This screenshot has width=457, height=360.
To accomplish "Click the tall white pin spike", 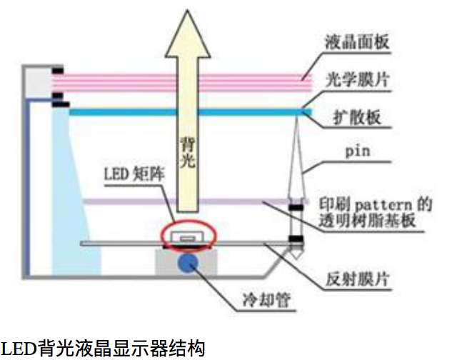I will click(295, 171).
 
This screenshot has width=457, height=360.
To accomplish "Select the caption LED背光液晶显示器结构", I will click(104, 349).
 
